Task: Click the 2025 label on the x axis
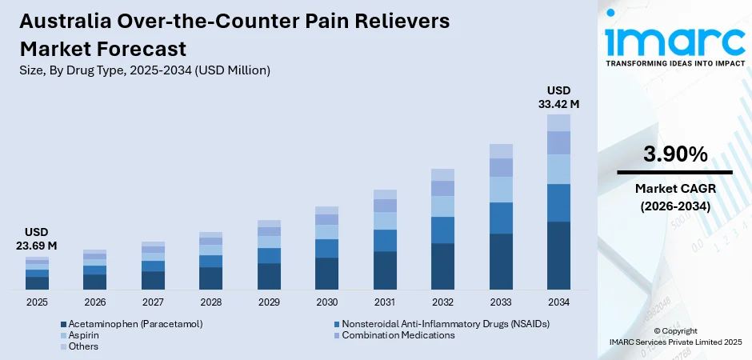(x=37, y=302)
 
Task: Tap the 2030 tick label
(x=326, y=302)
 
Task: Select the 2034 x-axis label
(x=558, y=302)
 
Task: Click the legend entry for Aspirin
(x=83, y=335)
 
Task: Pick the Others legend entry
(x=83, y=346)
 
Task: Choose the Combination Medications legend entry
(x=398, y=335)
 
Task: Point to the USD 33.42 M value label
(x=558, y=97)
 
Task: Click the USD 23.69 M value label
(x=37, y=238)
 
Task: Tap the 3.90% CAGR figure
(x=674, y=154)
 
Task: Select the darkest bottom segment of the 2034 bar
(x=558, y=255)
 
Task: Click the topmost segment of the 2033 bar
(x=501, y=151)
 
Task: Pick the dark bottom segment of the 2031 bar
(x=385, y=270)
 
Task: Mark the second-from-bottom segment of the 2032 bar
(x=442, y=230)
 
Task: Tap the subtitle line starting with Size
(x=145, y=70)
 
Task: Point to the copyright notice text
(x=674, y=336)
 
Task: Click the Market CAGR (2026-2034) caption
(x=674, y=197)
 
